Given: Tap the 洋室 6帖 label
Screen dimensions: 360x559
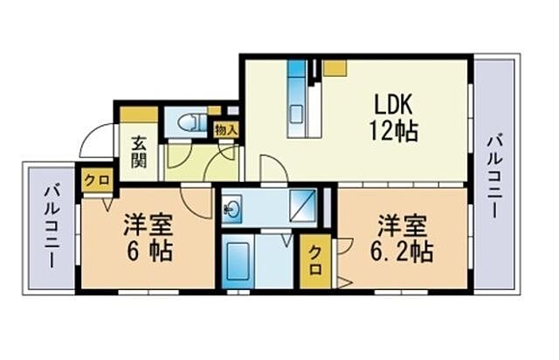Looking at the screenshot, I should coord(146,239).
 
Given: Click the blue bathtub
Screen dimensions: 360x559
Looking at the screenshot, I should coord(238,260).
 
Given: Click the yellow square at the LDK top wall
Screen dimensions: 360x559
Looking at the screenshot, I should coord(335,68).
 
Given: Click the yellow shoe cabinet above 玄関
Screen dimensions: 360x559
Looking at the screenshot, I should coord(139,114).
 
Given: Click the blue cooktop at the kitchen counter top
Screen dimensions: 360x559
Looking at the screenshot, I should coord(298,70).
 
